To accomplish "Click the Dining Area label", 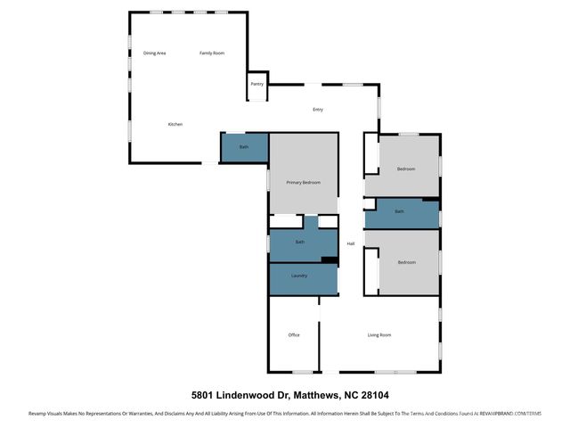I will (x=155, y=53).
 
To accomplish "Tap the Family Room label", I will (x=212, y=53).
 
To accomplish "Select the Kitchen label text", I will (x=175, y=124).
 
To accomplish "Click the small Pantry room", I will (x=256, y=85).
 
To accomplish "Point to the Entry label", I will (x=317, y=110).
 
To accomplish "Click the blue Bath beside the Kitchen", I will (x=243, y=147).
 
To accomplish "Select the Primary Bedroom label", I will (x=303, y=182).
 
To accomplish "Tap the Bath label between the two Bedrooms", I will (x=400, y=211).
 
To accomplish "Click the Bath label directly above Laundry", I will (x=300, y=242).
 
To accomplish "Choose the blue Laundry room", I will (x=300, y=276).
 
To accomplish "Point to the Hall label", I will (x=351, y=243).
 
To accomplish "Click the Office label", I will (x=294, y=335).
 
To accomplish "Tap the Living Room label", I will (x=379, y=335).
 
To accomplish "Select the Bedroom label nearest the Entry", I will (x=406, y=169).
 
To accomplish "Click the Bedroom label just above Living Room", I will (x=407, y=262).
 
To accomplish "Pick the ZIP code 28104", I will (x=371, y=393).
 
